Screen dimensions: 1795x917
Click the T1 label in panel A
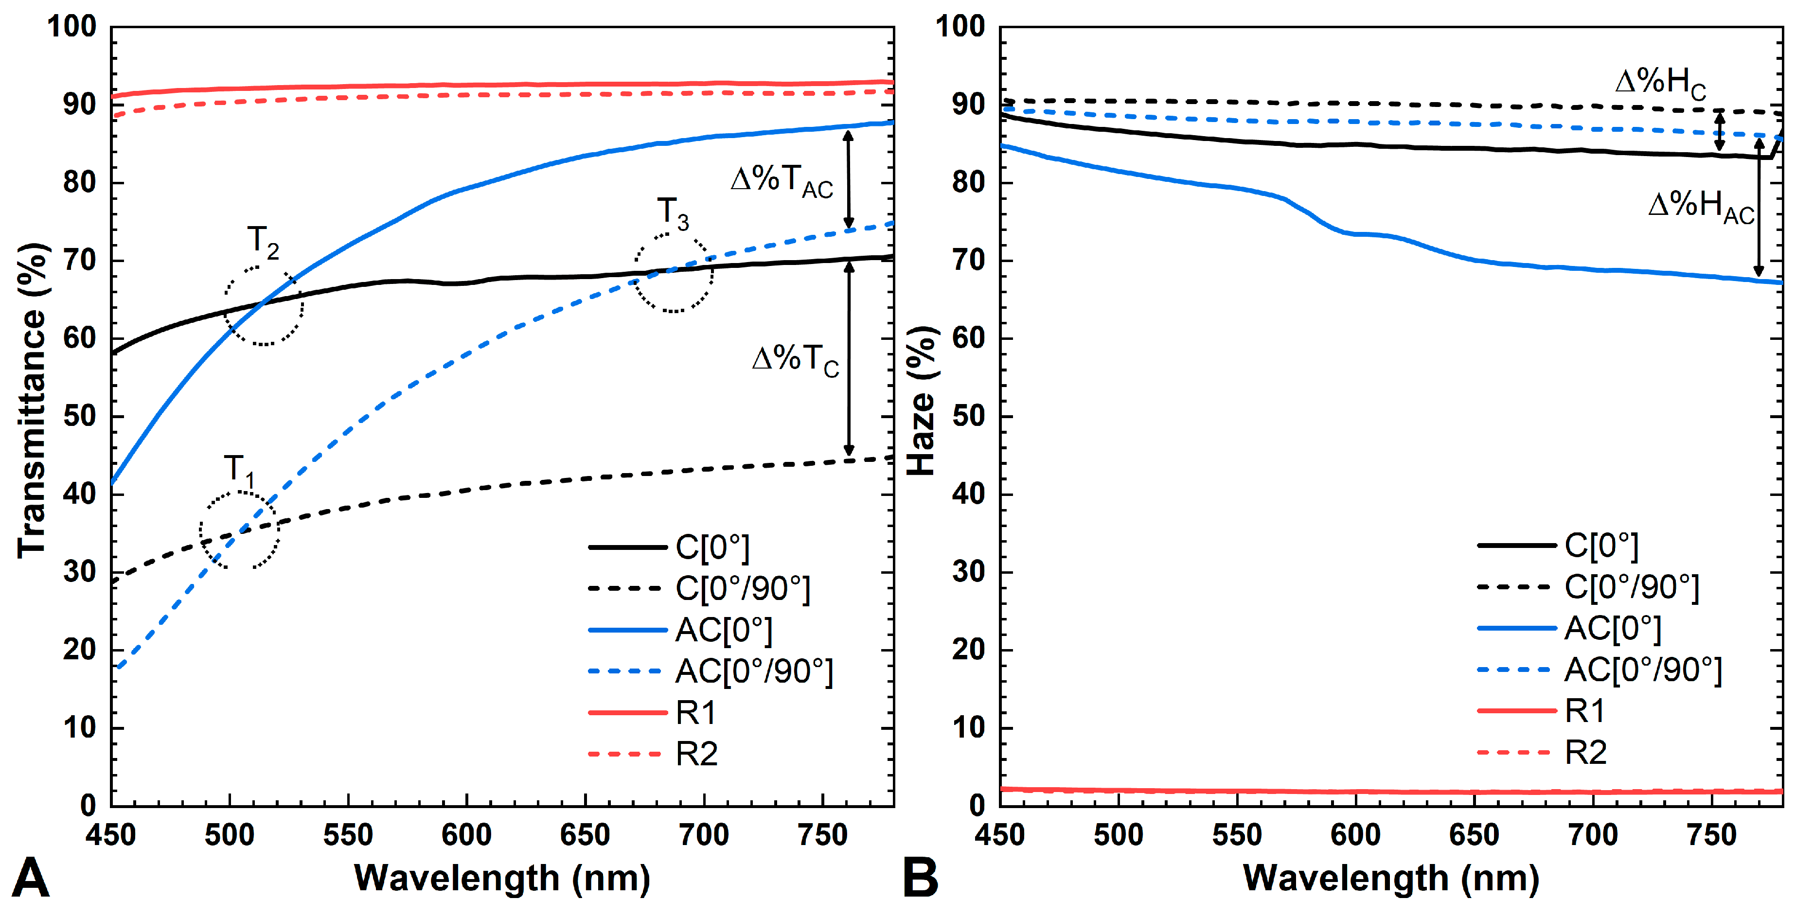[239, 470]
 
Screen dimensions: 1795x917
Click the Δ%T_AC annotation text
[782, 182]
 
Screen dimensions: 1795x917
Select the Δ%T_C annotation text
[796, 361]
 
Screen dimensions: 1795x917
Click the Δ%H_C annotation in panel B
[1660, 84]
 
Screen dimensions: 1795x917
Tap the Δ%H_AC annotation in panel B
[1702, 208]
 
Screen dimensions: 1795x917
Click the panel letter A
[30, 879]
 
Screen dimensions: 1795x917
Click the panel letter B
[921, 879]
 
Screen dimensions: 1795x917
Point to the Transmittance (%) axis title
[31, 401]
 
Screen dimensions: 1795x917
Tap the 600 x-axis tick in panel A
[467, 835]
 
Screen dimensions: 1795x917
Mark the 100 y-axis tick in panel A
[72, 26]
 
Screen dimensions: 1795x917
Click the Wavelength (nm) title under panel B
[1391, 878]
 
